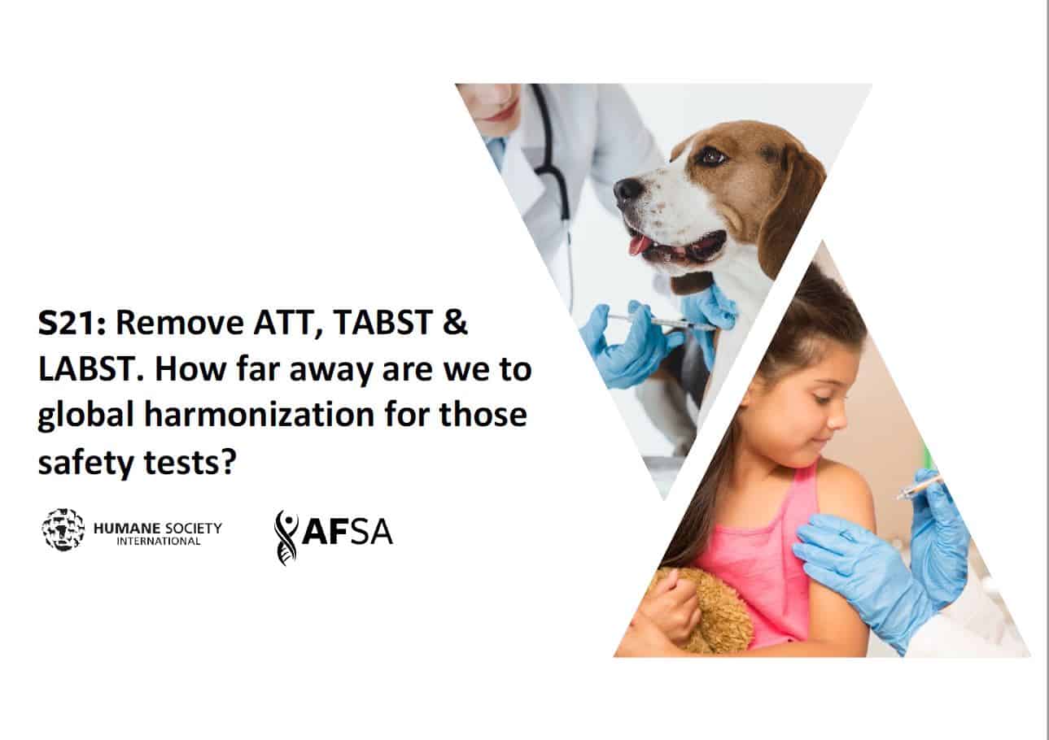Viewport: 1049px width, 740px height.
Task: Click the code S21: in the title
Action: [72, 323]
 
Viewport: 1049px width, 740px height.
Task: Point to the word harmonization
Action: [260, 414]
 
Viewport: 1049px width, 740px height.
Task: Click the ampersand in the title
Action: [454, 323]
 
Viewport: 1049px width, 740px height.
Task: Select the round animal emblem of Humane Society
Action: [63, 529]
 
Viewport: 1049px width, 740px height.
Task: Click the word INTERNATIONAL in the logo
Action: [159, 542]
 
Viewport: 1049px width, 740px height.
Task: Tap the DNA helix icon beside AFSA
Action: [286, 537]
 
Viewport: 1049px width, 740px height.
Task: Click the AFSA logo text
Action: [347, 531]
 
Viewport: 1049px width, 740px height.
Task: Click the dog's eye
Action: [713, 156]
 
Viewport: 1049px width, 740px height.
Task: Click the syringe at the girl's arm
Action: [921, 487]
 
